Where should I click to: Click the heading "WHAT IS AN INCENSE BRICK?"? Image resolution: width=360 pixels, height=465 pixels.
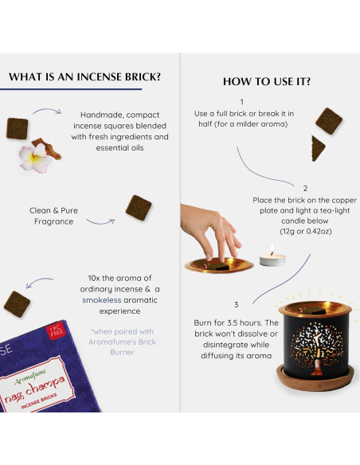click(85, 77)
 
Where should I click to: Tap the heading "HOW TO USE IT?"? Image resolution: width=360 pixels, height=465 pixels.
click(267, 82)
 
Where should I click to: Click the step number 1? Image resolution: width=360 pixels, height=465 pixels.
click(241, 102)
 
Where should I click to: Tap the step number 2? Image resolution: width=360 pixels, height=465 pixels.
click(304, 189)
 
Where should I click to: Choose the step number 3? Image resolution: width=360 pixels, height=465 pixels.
click(236, 304)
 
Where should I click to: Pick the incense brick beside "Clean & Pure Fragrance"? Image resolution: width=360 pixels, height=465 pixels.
click(139, 208)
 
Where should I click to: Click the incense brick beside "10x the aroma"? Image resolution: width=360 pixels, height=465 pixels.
click(18, 303)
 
